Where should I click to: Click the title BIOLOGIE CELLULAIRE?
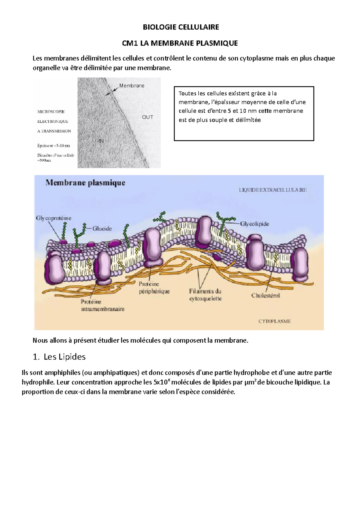pyautogui.click(x=181, y=27)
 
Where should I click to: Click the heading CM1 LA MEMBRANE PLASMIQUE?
pyautogui.click(x=180, y=43)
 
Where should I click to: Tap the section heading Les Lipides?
pyautogui.click(x=64, y=357)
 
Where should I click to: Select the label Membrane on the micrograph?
pyautogui.click(x=132, y=86)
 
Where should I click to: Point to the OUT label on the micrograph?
pyautogui.click(x=148, y=117)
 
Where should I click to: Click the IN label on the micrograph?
pyautogui.click(x=101, y=141)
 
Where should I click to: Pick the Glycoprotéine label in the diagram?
pyautogui.click(x=54, y=218)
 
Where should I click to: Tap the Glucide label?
pyautogui.click(x=102, y=228)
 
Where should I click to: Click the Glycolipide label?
pyautogui.click(x=254, y=224)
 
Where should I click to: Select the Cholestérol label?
pyautogui.click(x=265, y=296)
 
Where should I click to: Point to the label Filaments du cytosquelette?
pyautogui.click(x=205, y=295)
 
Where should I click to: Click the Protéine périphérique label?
pyautogui.click(x=154, y=287)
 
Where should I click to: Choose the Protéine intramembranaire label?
pyautogui.click(x=103, y=305)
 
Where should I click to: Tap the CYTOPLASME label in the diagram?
pyautogui.click(x=274, y=321)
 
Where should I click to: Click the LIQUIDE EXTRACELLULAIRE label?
pyautogui.click(x=272, y=190)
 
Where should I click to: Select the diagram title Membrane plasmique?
pyautogui.click(x=85, y=183)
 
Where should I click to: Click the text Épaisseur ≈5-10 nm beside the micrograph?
pyautogui.click(x=54, y=146)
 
